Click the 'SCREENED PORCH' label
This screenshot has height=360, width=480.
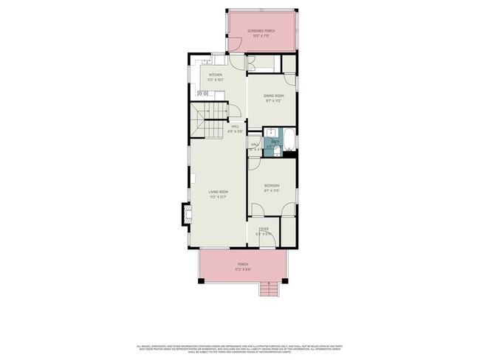coord(261,31)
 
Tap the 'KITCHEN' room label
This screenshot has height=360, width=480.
coord(216,75)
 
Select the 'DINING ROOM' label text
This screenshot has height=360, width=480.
coord(274,96)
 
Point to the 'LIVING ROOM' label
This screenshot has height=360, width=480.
coord(217,192)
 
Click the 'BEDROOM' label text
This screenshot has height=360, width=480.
coord(272,185)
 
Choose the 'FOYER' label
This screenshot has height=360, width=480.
coord(263,229)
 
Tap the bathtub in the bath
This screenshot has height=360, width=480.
coord(289,139)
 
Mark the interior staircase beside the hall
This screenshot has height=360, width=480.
coord(209,121)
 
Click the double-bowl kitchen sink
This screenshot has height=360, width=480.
coord(205,94)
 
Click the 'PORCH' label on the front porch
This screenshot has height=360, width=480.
coord(243,264)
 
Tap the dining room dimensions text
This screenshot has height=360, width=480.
coord(274,101)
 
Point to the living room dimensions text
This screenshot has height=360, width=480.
coord(217,197)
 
